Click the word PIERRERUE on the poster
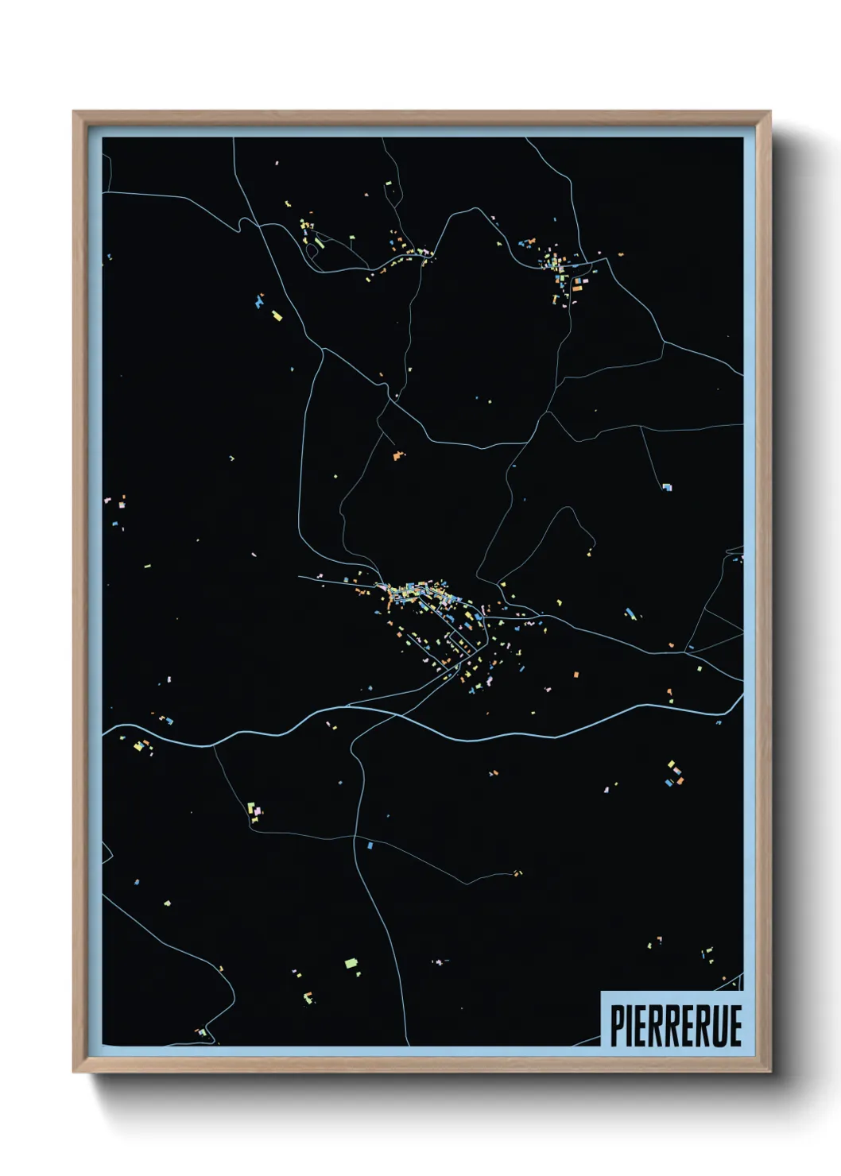(676, 1025)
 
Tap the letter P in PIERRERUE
(617, 1025)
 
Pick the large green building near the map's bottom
(351, 963)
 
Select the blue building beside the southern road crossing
(370, 845)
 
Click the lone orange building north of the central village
(397, 456)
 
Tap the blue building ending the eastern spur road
(666, 486)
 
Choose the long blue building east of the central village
(630, 613)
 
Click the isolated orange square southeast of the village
(576, 675)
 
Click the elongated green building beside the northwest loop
(319, 240)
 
